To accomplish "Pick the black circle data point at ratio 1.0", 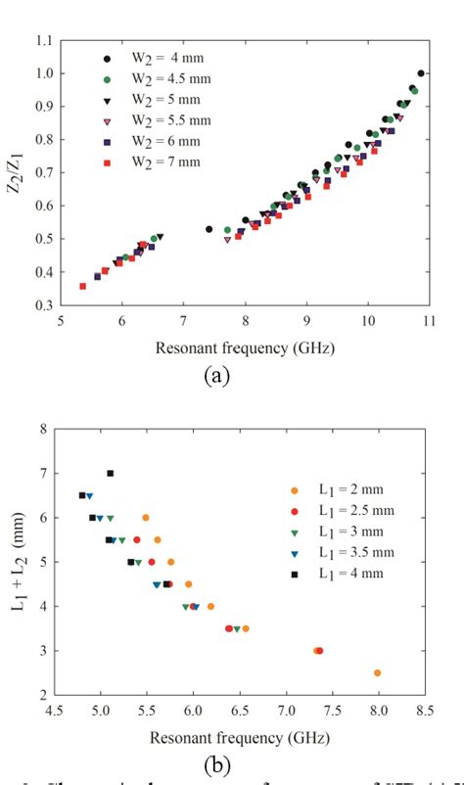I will (x=421, y=73).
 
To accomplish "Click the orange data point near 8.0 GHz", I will (x=377, y=673).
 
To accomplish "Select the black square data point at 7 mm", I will (x=111, y=474).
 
